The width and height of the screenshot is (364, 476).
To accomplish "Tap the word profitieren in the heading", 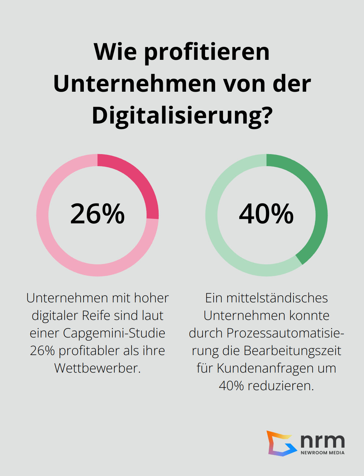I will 207,52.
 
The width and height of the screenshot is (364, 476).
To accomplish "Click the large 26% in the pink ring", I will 97,214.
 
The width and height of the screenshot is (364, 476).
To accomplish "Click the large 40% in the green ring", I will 266,214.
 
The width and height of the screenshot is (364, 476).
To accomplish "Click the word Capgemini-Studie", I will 114,333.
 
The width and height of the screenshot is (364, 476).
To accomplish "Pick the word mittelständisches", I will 277,298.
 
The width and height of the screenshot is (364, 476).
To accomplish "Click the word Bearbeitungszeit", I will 292,350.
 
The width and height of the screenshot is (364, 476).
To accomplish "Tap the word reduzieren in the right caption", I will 280,386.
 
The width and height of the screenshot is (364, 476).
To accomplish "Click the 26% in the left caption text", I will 42,350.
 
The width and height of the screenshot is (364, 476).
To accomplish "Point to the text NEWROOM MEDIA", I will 322,453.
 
